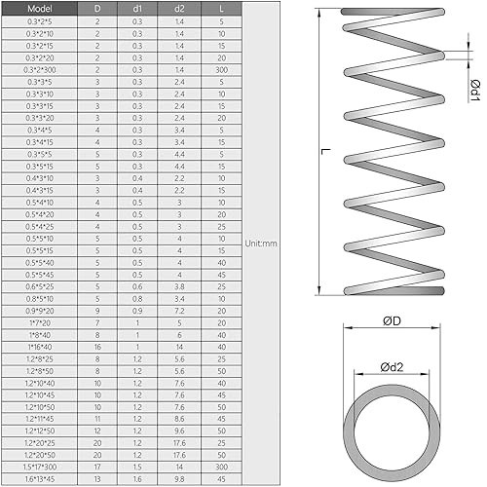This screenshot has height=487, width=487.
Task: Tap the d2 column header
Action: point(179,8)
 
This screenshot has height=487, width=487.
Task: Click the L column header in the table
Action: point(222,8)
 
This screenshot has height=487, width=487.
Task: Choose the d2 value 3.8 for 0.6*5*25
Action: point(179,285)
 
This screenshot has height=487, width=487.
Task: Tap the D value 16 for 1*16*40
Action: point(96,347)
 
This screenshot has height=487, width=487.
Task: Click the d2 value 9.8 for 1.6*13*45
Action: point(179,478)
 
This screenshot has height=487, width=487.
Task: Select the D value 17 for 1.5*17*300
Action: point(96,467)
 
